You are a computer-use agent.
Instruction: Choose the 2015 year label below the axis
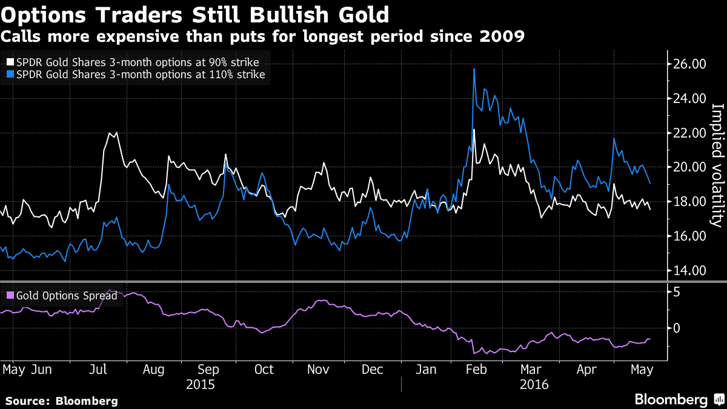click(x=200, y=384)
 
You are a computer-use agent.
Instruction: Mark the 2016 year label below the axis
click(x=534, y=384)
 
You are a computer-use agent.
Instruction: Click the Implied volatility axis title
click(x=717, y=165)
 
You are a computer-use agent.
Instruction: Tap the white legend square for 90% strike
click(x=9, y=62)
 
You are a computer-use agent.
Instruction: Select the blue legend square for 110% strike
click(x=9, y=75)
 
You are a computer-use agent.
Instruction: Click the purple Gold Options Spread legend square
click(x=9, y=296)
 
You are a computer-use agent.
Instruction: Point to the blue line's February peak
click(x=473, y=68)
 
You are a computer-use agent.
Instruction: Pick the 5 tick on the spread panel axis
click(x=676, y=293)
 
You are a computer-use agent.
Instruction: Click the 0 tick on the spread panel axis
click(x=676, y=328)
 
